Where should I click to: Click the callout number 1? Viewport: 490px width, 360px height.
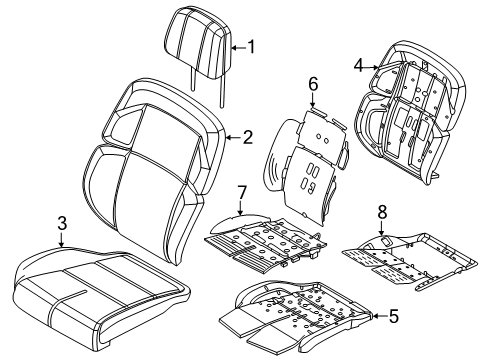tap(251, 45)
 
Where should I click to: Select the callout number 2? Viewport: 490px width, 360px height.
tap(245, 139)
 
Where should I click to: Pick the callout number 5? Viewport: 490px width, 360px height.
tap(392, 318)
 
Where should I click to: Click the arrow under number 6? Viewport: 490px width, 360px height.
tap(312, 99)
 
